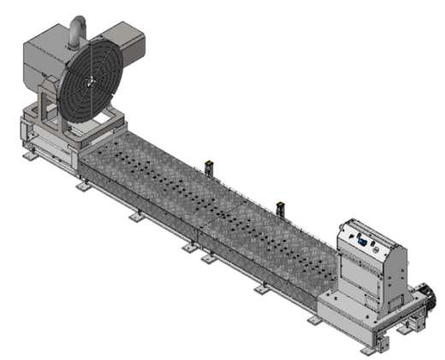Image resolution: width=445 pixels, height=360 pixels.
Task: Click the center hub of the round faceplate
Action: click(89, 79)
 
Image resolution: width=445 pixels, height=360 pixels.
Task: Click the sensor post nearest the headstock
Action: click(209, 162)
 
